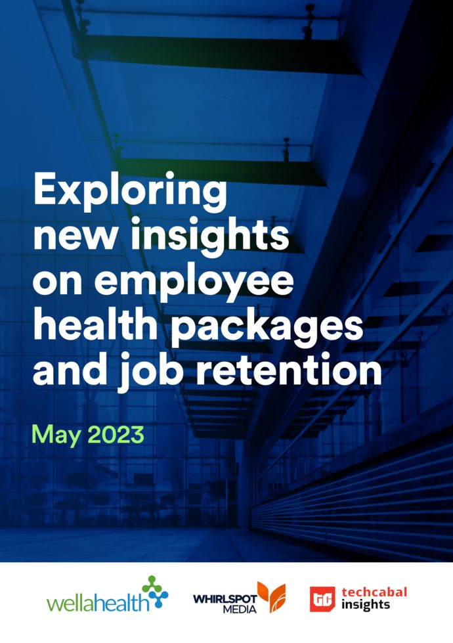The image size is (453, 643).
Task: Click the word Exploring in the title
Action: click(130, 192)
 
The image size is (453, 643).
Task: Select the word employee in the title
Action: click(194, 282)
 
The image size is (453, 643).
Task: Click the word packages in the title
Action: click(267, 328)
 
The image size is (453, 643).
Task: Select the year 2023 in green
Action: click(116, 435)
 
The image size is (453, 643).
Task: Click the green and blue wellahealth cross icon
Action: click(155, 592)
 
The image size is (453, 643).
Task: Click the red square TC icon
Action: click(322, 599)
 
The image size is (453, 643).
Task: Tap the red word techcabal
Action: click(374, 592)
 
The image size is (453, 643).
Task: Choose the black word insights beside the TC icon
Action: click(365, 605)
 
